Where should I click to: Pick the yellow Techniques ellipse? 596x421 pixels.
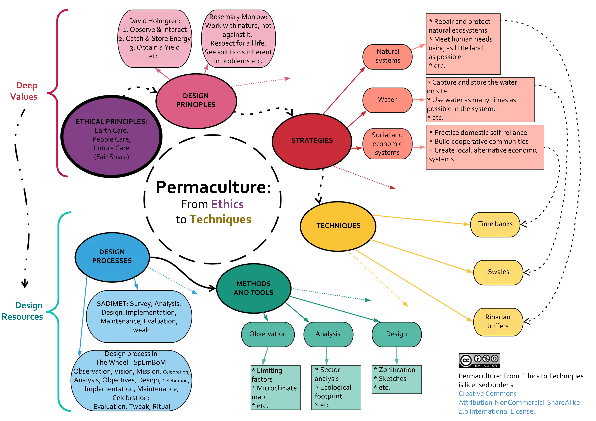(338, 226)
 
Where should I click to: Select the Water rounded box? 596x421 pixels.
(387, 100)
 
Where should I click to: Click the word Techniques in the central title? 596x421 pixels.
(220, 220)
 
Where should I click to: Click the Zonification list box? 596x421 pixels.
(396, 379)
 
